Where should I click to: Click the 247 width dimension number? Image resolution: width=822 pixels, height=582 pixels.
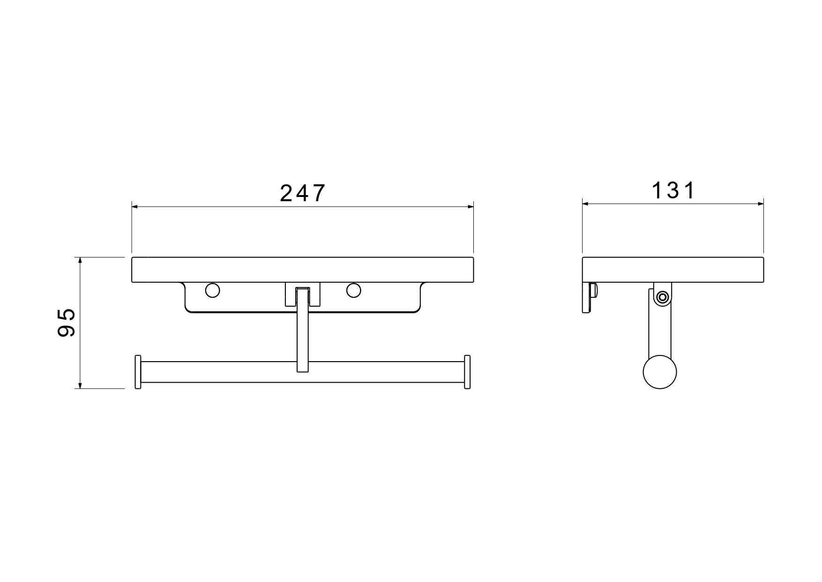(302, 193)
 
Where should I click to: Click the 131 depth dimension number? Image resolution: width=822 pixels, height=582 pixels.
(673, 190)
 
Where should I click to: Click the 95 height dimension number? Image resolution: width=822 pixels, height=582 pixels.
(66, 323)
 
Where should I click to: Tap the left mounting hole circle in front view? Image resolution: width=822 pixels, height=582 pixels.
(212, 290)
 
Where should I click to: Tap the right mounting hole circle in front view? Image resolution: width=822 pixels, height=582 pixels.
(354, 290)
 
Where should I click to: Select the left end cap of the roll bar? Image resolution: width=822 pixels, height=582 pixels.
(138, 372)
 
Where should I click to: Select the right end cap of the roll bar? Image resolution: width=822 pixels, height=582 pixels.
(467, 372)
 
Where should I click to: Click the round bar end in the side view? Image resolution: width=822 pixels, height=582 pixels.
(660, 372)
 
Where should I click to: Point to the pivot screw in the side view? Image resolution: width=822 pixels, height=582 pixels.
(662, 297)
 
